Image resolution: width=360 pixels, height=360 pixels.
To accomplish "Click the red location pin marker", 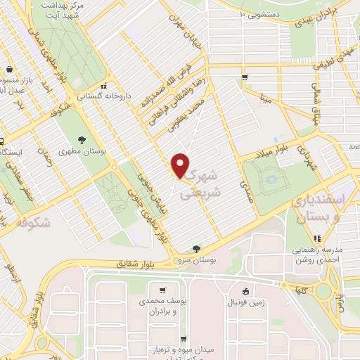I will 181,165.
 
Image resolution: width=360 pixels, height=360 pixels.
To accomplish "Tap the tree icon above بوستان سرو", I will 196,248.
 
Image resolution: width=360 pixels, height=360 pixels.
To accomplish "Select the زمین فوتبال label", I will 243,302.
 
